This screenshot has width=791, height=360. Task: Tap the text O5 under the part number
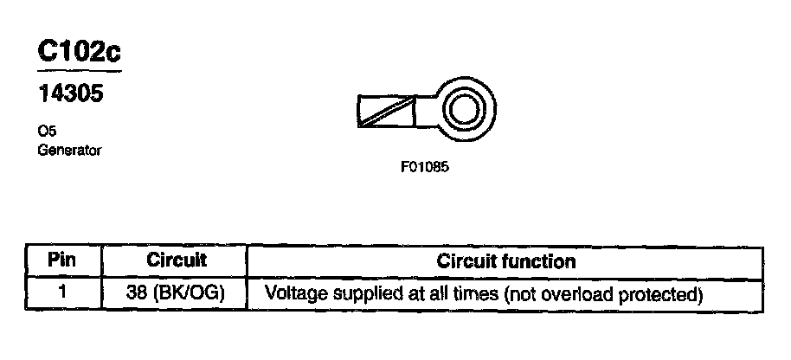[x=47, y=132]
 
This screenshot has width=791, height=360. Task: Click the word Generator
[x=70, y=151]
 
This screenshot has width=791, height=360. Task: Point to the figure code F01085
[x=424, y=168]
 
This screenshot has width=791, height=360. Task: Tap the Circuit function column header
[x=506, y=260]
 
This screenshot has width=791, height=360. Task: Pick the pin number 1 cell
[x=62, y=292]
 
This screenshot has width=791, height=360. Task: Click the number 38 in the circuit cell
[x=137, y=292]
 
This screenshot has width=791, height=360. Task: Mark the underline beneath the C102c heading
[x=79, y=71]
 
